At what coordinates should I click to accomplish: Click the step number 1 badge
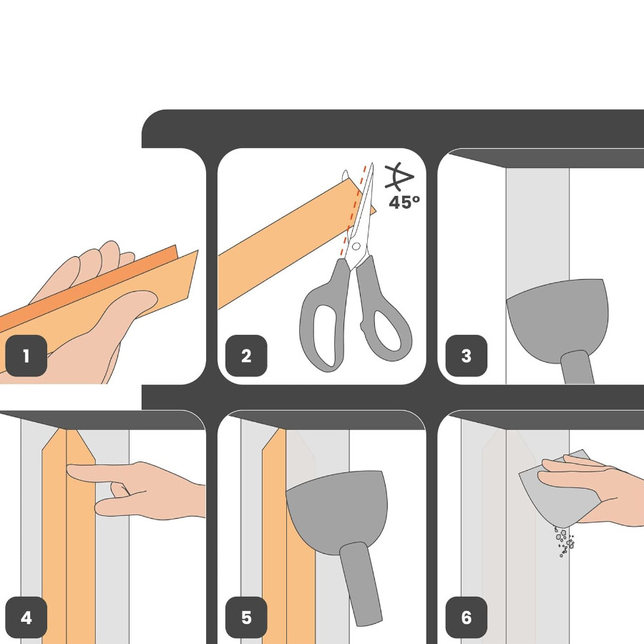26,356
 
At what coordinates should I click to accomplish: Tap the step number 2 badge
246,356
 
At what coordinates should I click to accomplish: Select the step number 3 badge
466,356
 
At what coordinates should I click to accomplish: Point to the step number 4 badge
26,618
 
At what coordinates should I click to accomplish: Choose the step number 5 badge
246,618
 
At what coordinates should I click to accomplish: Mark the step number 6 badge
466,618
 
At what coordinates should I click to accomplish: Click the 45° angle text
404,202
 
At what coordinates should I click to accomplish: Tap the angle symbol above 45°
398,177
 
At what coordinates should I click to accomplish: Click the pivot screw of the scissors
356,246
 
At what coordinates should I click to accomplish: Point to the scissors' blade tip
372,164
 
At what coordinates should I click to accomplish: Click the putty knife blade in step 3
557,318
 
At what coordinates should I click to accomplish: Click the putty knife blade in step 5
337,509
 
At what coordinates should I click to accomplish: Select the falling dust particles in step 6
565,542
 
